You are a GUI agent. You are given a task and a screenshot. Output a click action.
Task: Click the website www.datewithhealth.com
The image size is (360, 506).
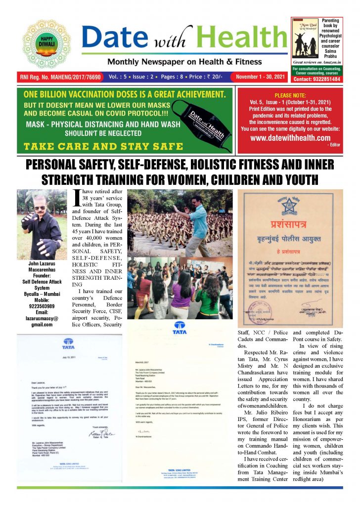[x=290, y=138]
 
